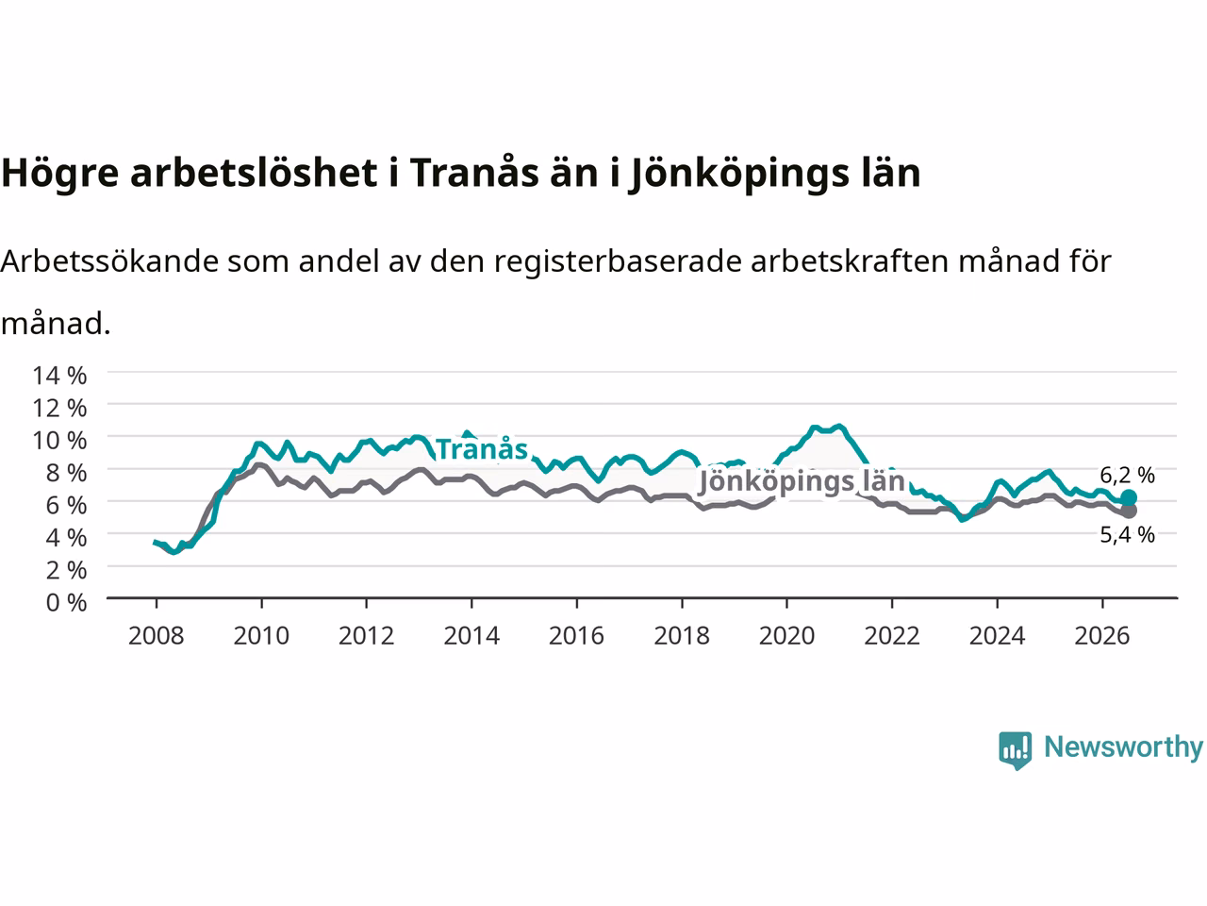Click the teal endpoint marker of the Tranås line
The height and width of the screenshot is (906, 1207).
1129,497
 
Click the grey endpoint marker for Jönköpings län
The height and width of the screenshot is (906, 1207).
1129,511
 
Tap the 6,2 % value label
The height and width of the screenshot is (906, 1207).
1127,475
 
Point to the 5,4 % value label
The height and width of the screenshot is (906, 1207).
1127,535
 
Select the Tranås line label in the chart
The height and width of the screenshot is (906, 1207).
482,449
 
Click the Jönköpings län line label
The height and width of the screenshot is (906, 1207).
802,482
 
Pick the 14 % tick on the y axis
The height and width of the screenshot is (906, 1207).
59,376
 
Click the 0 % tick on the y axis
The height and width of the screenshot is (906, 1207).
67,603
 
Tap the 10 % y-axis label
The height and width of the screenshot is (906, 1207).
59,441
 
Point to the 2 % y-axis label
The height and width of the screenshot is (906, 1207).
67,570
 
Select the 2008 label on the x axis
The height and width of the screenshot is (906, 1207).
157,636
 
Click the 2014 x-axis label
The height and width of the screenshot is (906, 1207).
471,636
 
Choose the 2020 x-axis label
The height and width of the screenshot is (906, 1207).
786,636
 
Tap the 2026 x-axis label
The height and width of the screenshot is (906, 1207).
1102,636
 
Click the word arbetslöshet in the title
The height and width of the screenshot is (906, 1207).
254,173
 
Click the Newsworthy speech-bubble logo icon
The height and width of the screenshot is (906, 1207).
1015,750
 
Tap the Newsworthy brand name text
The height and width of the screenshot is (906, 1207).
1123,747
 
